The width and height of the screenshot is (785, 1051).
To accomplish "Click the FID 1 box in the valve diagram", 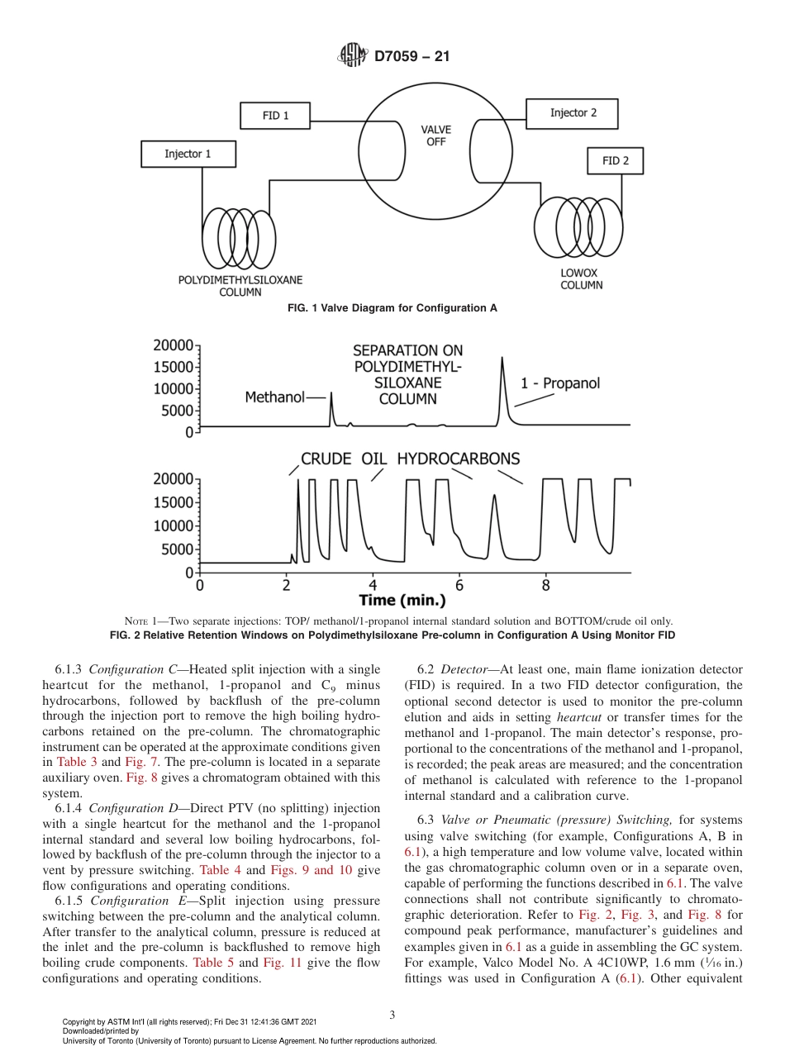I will pos(275,116).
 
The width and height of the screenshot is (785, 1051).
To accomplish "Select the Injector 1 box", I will pos(188,154).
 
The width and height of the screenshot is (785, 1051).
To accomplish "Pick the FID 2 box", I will pos(615,161).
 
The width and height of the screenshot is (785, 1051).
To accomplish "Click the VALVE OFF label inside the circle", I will pos(435,136).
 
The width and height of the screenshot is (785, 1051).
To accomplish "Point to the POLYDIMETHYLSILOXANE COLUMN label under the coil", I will pos(240,286).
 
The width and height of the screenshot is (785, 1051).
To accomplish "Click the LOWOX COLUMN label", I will pos(582,279).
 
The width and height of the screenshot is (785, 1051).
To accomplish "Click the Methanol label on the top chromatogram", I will pos(274,397).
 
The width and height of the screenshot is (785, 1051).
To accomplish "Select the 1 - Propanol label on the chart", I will pos(559,383).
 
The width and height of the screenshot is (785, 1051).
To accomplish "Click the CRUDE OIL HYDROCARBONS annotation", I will pos(410,459).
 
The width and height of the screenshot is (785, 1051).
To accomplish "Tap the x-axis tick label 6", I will pos(459,585).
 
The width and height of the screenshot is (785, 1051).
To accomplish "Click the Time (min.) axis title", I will pos(402,600).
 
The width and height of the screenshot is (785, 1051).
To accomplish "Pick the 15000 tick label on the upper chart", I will pos(174,366).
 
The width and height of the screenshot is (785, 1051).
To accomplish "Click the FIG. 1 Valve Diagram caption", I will pos(392,308).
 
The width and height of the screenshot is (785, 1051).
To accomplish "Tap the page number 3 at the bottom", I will pos(392,1015).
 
